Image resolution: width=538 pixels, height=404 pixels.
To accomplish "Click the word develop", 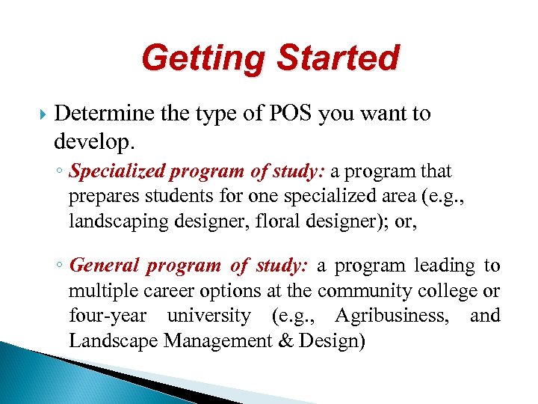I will coord(92,140).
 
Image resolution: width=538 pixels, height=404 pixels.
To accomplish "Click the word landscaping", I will coord(113,222).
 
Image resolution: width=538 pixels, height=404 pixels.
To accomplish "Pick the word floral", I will coord(272,222).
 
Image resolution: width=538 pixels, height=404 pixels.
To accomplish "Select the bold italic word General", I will coord(104,266).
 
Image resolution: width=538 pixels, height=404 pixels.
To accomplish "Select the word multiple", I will coord(100,290).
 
